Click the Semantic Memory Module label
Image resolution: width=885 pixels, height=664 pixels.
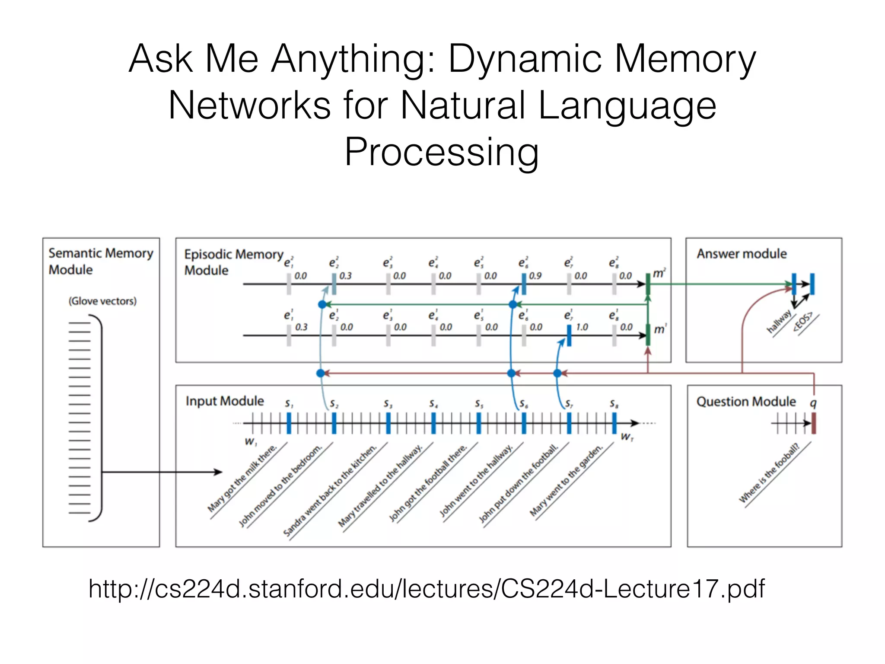[x=100, y=261]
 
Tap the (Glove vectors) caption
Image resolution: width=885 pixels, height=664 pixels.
[x=102, y=301]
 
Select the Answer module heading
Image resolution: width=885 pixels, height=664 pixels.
[x=742, y=254]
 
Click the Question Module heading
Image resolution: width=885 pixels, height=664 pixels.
[x=746, y=402]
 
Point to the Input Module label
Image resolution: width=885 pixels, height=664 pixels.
[x=224, y=401]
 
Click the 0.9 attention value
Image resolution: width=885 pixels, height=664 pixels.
[x=535, y=276]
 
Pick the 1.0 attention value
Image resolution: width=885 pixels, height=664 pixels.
[x=582, y=327]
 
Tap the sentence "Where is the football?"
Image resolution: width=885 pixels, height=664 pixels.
[x=769, y=473]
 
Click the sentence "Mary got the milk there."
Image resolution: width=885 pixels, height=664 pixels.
[x=242, y=478]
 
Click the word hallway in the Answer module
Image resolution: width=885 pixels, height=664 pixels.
[x=779, y=322]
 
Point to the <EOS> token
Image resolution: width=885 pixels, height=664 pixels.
[x=802, y=321]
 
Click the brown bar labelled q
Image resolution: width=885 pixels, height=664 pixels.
[x=814, y=423]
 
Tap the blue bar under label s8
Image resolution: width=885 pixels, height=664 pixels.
[x=614, y=423]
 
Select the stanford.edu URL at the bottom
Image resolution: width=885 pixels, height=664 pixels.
[x=426, y=589]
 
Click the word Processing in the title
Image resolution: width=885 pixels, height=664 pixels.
[x=441, y=152]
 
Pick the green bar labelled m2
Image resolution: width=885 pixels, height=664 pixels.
[x=648, y=284]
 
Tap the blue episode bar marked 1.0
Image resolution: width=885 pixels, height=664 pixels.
[x=569, y=335]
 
